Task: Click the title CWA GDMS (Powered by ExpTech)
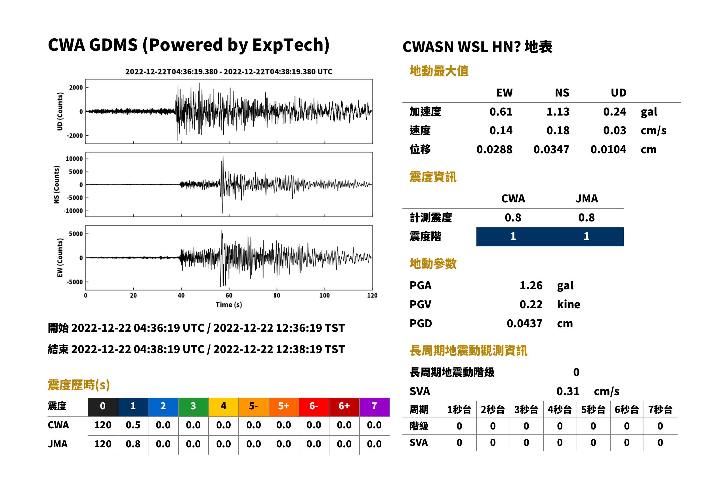(x=188, y=45)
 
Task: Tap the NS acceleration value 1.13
(x=558, y=112)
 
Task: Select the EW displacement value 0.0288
(x=494, y=150)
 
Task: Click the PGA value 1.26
(x=531, y=285)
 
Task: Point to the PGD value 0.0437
(x=524, y=323)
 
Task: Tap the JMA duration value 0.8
(x=133, y=444)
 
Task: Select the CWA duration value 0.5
(x=133, y=425)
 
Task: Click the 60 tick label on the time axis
(x=229, y=295)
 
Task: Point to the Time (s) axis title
(x=229, y=305)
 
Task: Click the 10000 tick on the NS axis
(x=74, y=159)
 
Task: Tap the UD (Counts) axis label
(x=60, y=112)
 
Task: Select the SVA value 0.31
(x=568, y=391)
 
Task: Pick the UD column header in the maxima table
(x=618, y=93)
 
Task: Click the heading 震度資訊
(x=433, y=177)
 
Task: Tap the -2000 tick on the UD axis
(x=75, y=136)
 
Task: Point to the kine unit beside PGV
(x=568, y=305)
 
